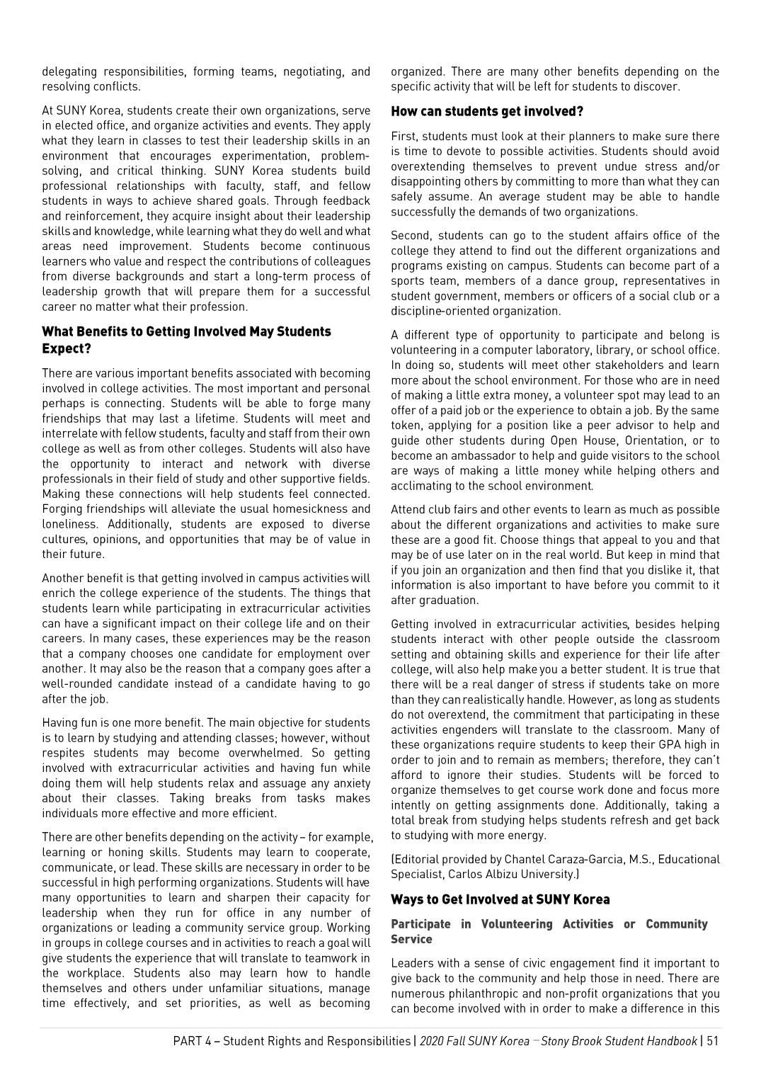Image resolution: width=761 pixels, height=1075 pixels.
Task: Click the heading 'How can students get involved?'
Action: [487, 111]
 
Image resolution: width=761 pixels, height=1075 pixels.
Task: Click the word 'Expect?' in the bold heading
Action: [67, 348]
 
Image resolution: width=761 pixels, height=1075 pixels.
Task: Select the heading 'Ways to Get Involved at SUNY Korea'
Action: [500, 899]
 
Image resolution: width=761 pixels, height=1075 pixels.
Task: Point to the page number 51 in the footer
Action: [712, 1040]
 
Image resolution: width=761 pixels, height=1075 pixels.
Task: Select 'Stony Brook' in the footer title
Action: [572, 1040]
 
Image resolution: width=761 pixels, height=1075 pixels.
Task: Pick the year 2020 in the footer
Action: [431, 1040]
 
